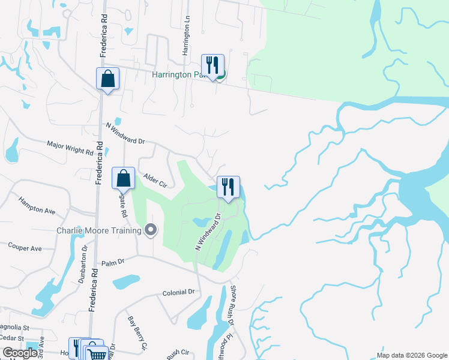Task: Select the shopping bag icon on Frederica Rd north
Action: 107,78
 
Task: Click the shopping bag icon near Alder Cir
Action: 123,178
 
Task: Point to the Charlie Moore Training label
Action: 99,230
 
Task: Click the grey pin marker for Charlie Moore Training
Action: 151,230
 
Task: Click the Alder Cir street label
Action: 155,180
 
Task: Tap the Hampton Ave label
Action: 36,205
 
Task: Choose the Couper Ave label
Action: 25,247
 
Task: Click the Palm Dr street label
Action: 112,262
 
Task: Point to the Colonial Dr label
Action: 179,292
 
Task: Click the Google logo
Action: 20,353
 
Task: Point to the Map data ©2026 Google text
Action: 412,355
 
